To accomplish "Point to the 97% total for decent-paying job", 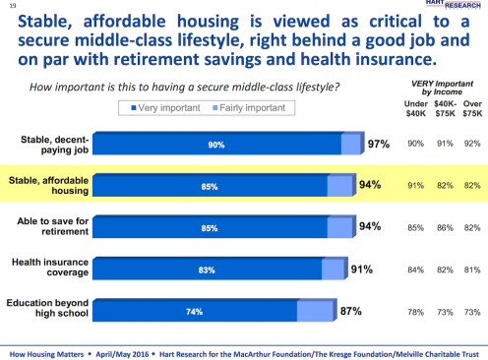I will click(x=379, y=145).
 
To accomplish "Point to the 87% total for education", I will click(x=351, y=312).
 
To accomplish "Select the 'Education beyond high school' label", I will click(x=51, y=312).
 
